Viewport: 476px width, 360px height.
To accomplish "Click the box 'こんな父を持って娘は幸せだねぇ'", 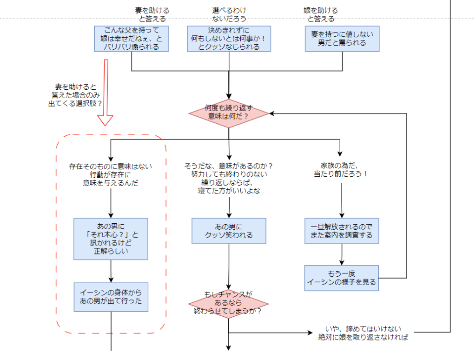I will (x=132, y=39).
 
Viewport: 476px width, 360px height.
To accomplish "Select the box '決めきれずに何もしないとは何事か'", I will (x=229, y=39).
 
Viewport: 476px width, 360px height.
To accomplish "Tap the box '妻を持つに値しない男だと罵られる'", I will (x=343, y=39).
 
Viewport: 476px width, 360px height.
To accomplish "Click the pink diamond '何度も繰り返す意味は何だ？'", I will (x=229, y=113).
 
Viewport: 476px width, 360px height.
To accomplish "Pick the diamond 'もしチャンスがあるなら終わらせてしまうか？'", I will (x=228, y=303).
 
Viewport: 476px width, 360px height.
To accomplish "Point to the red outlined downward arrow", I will (x=106, y=93).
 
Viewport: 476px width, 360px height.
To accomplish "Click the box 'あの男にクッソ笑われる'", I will (x=229, y=231).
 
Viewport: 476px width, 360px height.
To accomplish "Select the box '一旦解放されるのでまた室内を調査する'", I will (x=342, y=231).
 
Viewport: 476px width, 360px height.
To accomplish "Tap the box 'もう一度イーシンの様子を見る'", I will (x=342, y=278).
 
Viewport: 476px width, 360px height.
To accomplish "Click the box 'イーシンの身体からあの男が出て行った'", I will (x=111, y=298).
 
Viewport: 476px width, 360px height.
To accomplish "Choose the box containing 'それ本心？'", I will (x=111, y=239).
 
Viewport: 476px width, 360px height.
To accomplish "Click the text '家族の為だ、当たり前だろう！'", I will (x=341, y=170).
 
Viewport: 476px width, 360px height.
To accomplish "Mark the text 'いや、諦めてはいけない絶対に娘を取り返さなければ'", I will (x=364, y=333).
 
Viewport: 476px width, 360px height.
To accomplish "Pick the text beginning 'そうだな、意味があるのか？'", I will (x=228, y=178).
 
